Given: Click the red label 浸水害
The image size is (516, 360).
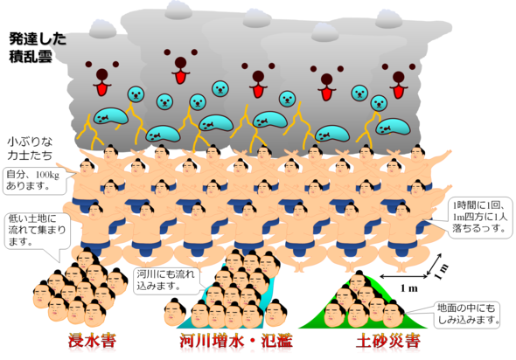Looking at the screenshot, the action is click(92, 341).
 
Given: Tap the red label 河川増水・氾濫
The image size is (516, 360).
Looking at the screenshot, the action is click(236, 341).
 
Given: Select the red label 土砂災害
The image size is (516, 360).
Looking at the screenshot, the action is click(388, 342).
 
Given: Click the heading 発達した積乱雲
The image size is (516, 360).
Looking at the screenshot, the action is click(38, 47).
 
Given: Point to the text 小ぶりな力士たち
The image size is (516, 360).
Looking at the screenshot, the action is click(30, 149).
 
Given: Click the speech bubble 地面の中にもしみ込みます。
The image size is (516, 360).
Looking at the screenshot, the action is click(466, 315).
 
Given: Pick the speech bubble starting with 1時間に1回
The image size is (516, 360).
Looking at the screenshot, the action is click(480, 217).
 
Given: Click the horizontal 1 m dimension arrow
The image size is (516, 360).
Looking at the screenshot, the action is click(403, 276).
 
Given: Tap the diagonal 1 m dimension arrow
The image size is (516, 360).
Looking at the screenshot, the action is click(434, 264).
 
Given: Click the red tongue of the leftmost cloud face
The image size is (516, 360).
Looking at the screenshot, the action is click(102, 89).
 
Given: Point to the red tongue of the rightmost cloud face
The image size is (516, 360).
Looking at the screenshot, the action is click(398, 91).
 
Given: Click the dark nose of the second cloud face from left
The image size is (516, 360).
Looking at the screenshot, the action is click(181, 62).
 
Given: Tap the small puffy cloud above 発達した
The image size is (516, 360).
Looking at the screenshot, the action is click(102, 28).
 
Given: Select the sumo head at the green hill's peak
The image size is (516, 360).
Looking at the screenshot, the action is click(358, 282).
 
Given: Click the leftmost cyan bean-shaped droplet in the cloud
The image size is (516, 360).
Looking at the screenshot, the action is click(111, 115).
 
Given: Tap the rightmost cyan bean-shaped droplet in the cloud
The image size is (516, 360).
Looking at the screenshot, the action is click(394, 127).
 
